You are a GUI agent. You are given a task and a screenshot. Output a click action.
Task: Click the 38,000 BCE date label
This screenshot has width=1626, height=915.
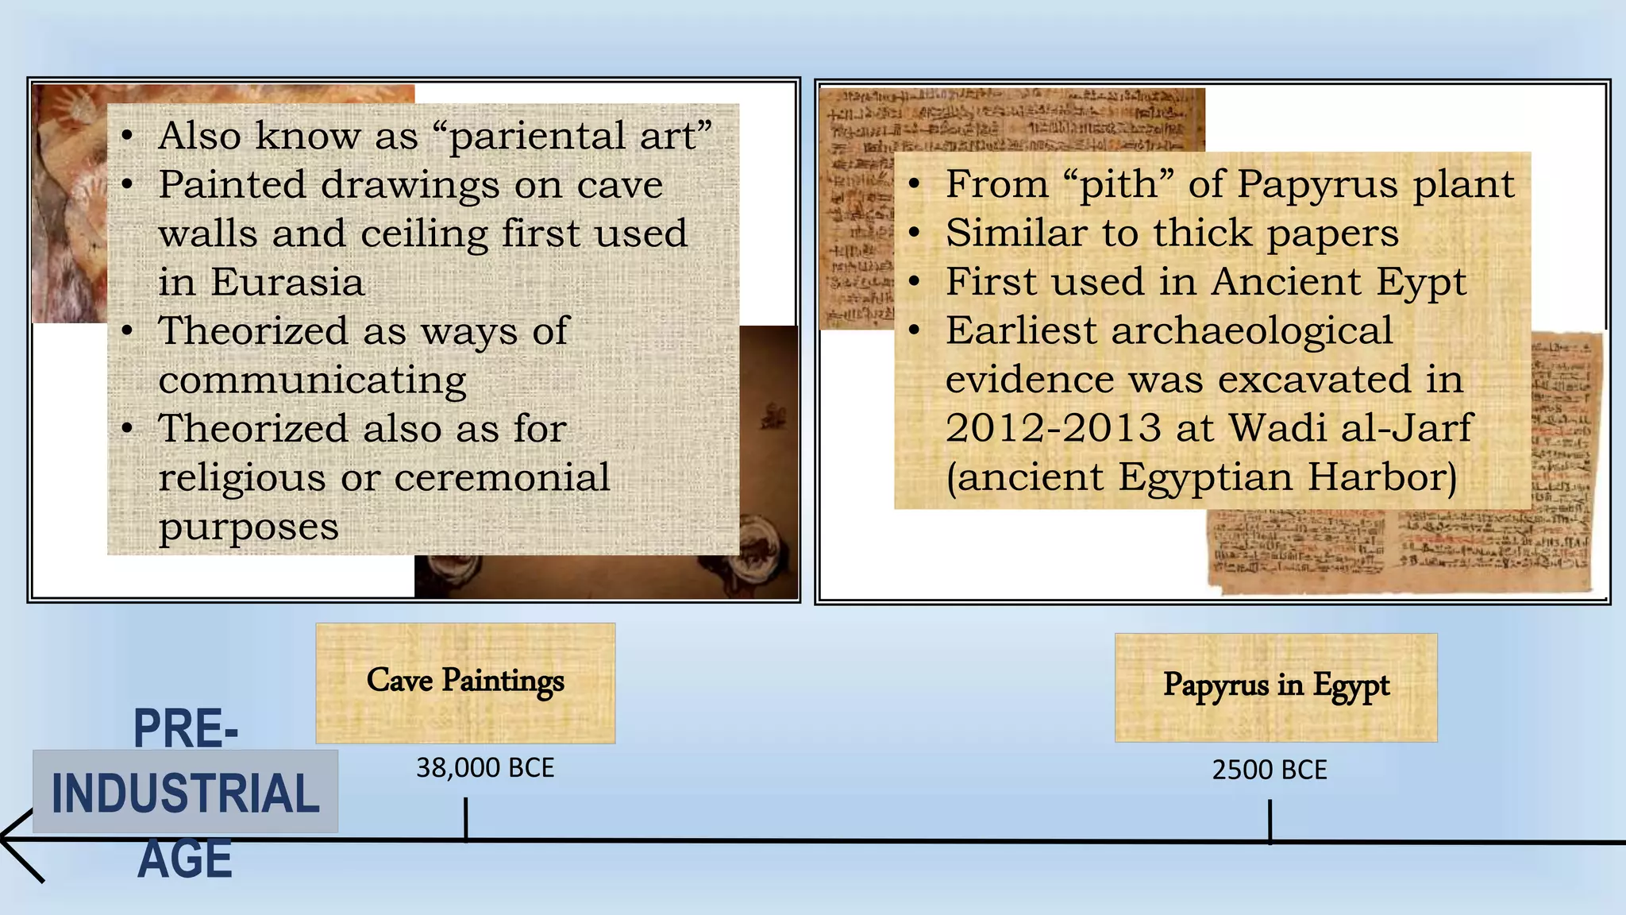tap(485, 768)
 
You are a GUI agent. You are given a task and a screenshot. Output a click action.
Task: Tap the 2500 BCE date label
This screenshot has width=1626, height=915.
tap(1269, 770)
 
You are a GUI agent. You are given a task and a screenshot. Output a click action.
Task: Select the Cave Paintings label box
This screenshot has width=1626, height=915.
tap(465, 683)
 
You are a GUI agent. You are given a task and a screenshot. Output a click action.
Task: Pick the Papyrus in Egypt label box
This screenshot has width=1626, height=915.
tap(1276, 687)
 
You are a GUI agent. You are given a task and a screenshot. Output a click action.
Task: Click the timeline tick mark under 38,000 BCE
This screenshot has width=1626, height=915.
tap(466, 818)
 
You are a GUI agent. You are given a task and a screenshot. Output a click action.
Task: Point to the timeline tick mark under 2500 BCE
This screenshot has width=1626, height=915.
tap(1270, 820)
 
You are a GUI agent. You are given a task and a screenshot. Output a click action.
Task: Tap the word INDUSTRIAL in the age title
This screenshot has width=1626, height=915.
tap(185, 793)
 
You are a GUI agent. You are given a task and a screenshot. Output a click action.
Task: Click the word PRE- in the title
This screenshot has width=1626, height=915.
tap(185, 728)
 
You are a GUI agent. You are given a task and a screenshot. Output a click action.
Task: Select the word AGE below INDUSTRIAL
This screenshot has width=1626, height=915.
tap(185, 859)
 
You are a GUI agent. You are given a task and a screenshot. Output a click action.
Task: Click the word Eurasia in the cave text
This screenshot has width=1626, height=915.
tap(287, 283)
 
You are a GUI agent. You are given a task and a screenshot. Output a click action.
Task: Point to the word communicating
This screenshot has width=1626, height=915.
tap(312, 381)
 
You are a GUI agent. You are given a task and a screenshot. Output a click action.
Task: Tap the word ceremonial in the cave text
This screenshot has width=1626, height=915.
tap(502, 478)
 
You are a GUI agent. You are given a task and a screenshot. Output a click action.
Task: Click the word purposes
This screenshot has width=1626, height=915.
tap(249, 527)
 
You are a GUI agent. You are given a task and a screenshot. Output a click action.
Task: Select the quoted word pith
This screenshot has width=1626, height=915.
tap(1118, 185)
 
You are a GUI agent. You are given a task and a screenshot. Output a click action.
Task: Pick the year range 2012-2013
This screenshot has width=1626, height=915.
tap(1054, 429)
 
